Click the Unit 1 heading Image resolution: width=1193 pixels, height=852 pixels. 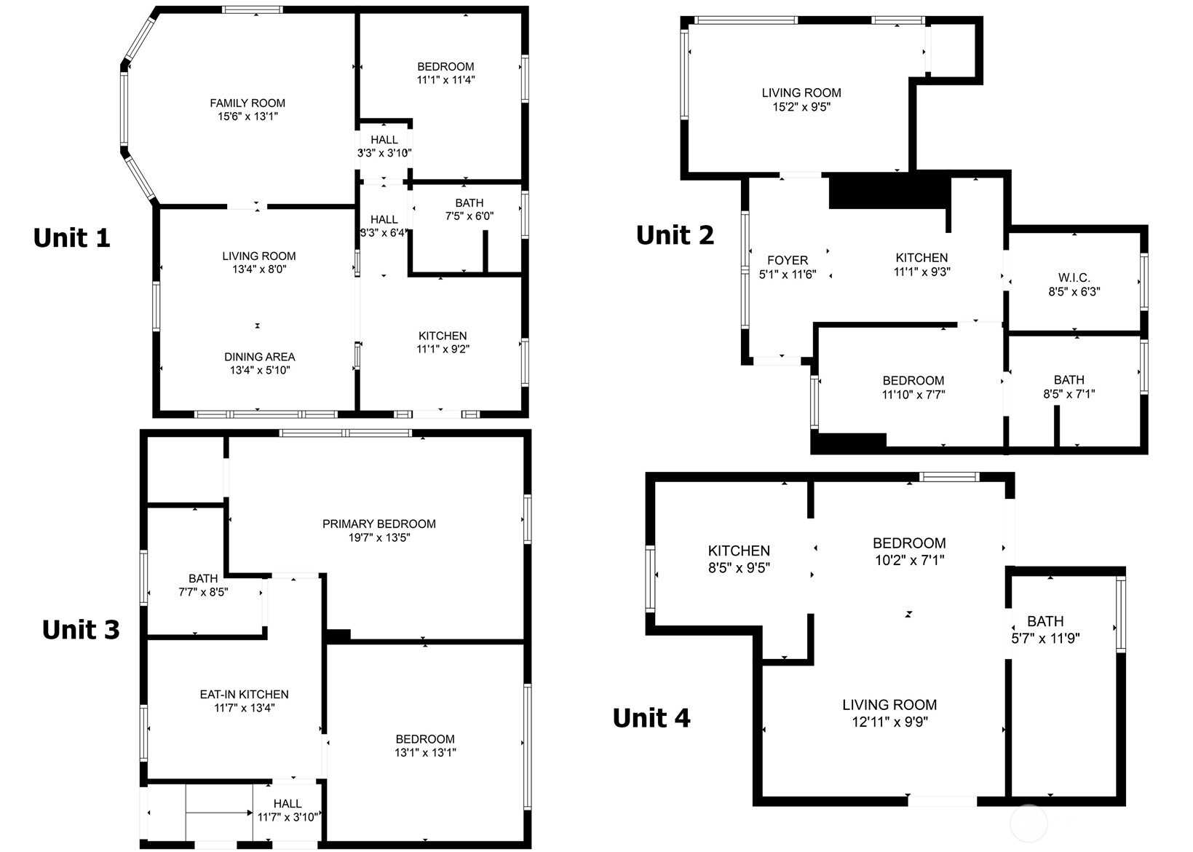coord(71,237)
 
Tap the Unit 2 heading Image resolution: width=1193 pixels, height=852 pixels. coord(675,235)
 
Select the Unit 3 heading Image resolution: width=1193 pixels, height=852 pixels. coord(81,629)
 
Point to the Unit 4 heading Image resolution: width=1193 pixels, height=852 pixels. coord(651,718)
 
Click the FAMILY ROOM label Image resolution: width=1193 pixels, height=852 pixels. coord(247,103)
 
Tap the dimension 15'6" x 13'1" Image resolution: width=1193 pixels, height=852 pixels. coord(247,117)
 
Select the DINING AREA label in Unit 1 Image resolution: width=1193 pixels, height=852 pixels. coord(260,357)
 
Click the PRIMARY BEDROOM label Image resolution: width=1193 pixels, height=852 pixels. coord(379,524)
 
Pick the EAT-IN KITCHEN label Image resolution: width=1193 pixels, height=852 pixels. coord(245,694)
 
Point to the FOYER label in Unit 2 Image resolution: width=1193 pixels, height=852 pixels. coord(788,260)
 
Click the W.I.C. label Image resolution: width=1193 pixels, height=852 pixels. coord(1074,277)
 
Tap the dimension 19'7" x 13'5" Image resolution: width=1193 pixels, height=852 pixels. coord(379,537)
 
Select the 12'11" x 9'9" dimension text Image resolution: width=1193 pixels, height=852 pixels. coord(890,722)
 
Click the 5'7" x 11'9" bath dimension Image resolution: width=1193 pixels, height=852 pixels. coord(1045,638)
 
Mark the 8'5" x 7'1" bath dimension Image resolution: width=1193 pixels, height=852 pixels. coord(1069,394)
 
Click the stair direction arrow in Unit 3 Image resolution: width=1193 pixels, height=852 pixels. coord(219,813)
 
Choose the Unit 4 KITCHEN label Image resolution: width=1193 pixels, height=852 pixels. coord(739,551)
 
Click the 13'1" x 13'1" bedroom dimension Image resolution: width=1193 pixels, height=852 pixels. coord(426,752)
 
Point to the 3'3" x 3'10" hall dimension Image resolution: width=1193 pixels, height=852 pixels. coord(384,153)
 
